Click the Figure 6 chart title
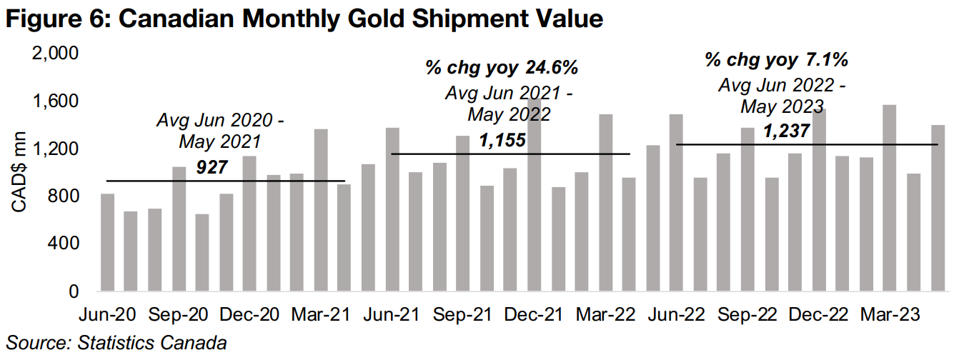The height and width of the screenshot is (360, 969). pyautogui.click(x=304, y=19)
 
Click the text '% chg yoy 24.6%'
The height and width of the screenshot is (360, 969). pyautogui.click(x=502, y=69)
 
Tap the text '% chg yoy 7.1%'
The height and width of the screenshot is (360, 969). pyautogui.click(x=781, y=60)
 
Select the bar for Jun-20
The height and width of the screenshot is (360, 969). pyautogui.click(x=108, y=242)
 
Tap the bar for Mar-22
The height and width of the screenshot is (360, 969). pyautogui.click(x=606, y=202)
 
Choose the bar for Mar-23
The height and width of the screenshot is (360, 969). pyautogui.click(x=890, y=198)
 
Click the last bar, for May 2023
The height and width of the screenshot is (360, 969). pyautogui.click(x=938, y=208)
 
